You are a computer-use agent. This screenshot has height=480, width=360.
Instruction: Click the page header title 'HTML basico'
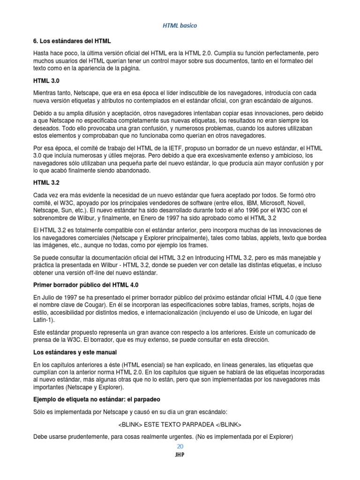tap(180, 26)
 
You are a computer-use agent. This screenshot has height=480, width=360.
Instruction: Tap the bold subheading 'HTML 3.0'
tap(46, 81)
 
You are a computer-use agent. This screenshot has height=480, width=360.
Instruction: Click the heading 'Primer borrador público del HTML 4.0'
tap(86, 285)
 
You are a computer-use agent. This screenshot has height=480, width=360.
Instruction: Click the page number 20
tap(180, 446)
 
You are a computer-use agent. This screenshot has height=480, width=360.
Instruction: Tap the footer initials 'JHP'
tap(180, 455)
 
